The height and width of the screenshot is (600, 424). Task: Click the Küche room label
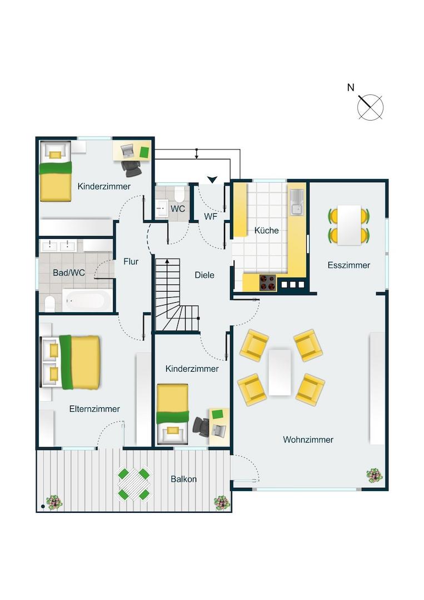coord(266,231)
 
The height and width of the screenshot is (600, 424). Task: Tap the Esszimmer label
coord(348,265)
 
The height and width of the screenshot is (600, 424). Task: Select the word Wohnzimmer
coord(308,439)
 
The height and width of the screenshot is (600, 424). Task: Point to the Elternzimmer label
coord(94,409)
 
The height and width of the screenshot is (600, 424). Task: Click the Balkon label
coord(184,479)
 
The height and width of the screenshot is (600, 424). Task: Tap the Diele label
coord(204,275)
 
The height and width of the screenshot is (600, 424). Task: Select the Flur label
coord(131,262)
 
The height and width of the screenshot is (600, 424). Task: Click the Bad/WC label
coord(69,273)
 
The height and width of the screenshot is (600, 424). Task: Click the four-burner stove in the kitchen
coord(268,283)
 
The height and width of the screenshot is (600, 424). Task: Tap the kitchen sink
coord(296,202)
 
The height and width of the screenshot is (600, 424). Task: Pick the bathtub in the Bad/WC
coord(87,301)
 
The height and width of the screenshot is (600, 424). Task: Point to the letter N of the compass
coord(351,88)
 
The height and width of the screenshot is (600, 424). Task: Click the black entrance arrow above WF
coord(212,179)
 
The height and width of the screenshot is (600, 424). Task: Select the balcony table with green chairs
coord(133,484)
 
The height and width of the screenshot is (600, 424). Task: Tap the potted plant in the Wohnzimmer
coord(374,476)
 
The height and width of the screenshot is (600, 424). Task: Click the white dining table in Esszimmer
coord(350,225)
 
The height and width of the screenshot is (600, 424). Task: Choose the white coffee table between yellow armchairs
coord(280,372)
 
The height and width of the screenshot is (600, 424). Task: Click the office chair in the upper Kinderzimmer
coord(132,168)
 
